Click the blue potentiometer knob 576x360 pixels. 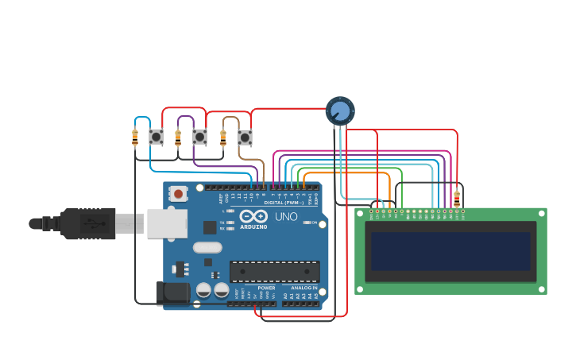(340, 110)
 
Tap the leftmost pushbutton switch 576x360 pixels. (156, 137)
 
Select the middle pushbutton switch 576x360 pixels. (199, 137)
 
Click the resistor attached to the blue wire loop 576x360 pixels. (135, 137)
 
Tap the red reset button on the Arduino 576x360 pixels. (179, 193)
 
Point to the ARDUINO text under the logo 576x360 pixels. (253, 226)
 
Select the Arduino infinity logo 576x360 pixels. (253, 216)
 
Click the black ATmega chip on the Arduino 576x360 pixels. (275, 271)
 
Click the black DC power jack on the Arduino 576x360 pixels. (172, 292)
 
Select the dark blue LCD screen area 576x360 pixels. (450, 250)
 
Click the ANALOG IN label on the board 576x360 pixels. (303, 288)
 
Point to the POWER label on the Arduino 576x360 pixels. (266, 288)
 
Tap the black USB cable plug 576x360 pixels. (87, 223)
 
